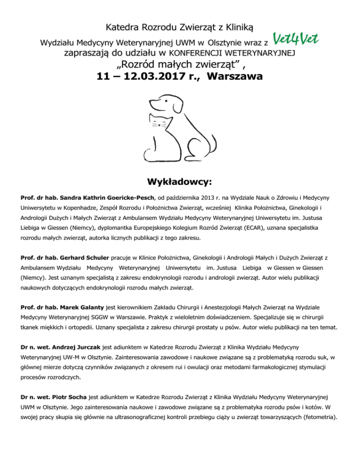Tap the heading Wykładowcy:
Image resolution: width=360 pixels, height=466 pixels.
pos(180,180)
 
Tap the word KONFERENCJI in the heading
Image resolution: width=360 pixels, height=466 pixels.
pos(199,53)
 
